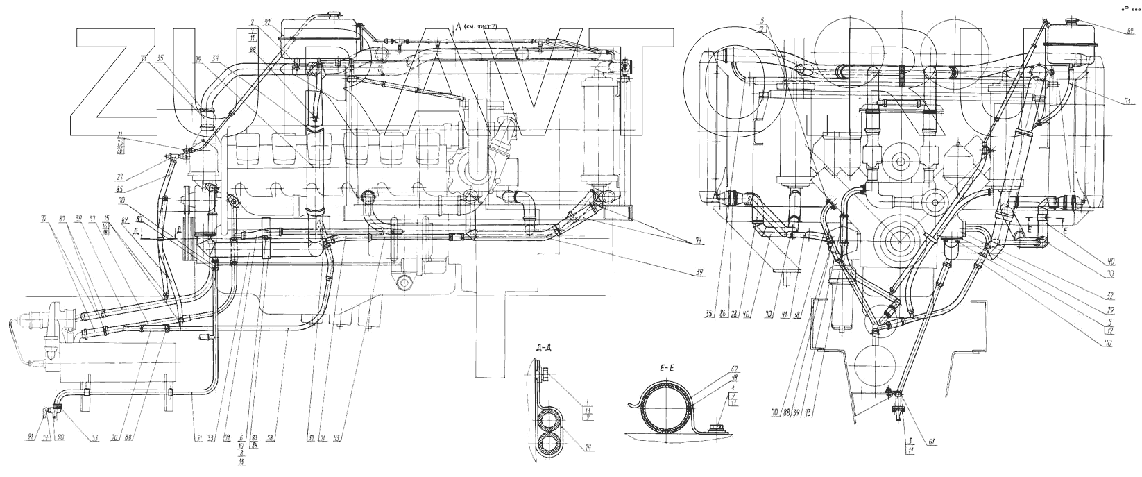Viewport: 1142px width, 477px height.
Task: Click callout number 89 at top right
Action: pyautogui.click(x=1130, y=31)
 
